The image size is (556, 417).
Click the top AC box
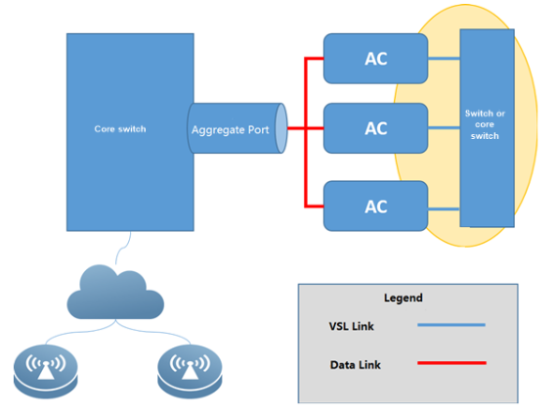(x=375, y=59)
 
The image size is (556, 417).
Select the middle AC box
(x=375, y=128)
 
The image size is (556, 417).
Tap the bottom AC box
(x=375, y=206)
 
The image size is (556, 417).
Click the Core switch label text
(x=120, y=129)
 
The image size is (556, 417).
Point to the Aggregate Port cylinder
(x=236, y=128)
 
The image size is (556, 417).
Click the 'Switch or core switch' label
(x=485, y=124)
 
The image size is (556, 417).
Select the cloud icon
(x=115, y=292)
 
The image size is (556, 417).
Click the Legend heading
(x=404, y=298)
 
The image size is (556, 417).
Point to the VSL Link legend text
(x=351, y=326)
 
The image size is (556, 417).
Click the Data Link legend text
(x=355, y=365)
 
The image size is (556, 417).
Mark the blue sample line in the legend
(x=451, y=325)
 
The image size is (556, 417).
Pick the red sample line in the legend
(x=451, y=363)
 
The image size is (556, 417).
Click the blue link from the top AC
(x=444, y=59)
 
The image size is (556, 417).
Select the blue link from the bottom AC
(x=444, y=209)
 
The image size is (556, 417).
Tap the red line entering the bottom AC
(x=314, y=206)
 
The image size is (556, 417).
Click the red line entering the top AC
(x=314, y=59)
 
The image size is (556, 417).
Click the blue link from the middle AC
(x=444, y=127)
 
